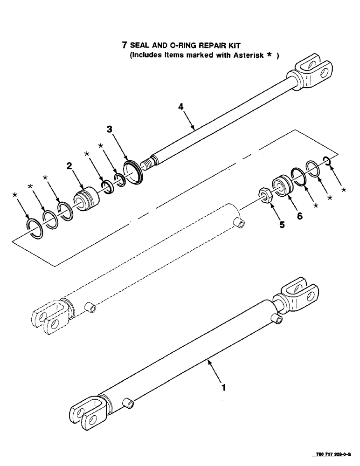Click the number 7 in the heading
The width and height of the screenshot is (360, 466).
tap(124, 46)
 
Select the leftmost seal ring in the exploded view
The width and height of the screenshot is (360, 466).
tap(35, 228)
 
